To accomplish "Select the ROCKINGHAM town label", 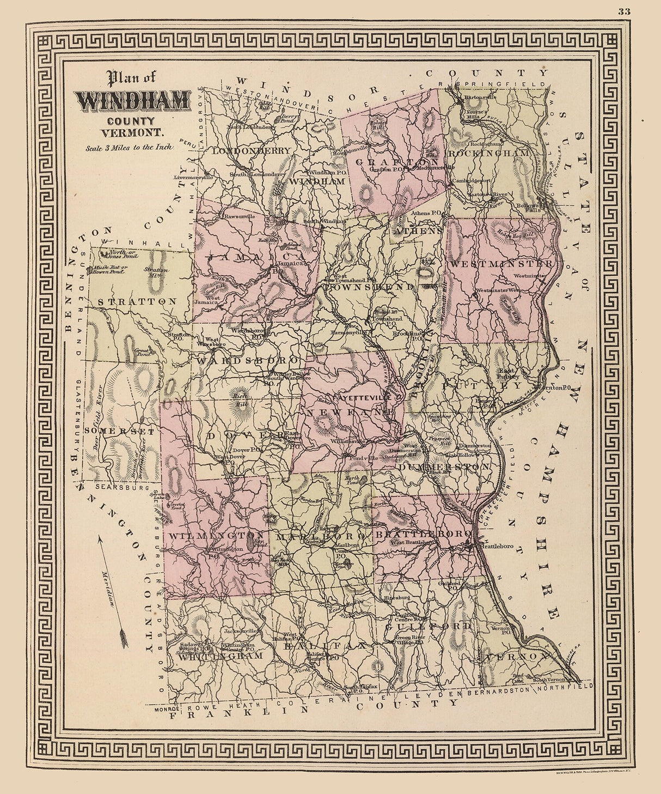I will (488, 154).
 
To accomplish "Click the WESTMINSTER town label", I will (500, 264).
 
